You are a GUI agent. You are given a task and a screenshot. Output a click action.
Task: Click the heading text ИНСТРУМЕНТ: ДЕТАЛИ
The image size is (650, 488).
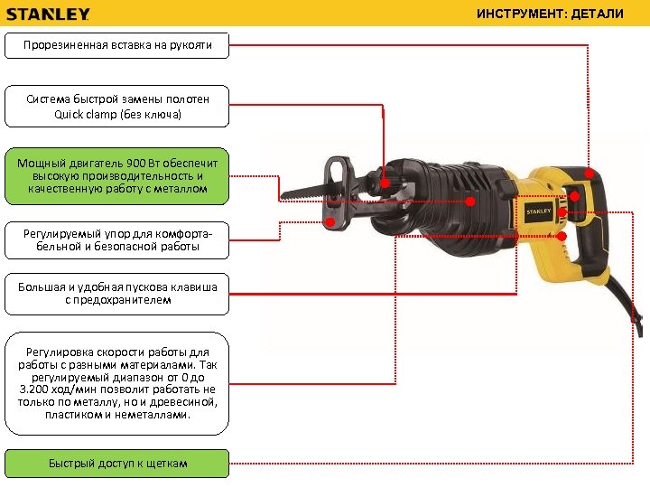[x=562, y=14]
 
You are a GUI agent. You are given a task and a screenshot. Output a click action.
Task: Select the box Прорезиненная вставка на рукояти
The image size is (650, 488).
[x=117, y=45]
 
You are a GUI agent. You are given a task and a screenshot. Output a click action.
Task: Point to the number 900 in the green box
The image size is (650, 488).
[x=137, y=162]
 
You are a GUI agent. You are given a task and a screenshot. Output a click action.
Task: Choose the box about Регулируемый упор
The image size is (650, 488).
[x=117, y=240]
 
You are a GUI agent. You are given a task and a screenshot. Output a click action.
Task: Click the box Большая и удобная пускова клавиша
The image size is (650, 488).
[x=117, y=293]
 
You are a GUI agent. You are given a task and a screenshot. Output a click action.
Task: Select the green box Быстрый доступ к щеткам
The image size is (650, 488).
[x=117, y=464]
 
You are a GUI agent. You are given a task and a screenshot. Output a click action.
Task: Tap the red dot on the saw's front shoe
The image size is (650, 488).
[x=330, y=221]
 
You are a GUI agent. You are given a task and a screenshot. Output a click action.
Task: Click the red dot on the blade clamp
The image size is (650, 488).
[x=385, y=183]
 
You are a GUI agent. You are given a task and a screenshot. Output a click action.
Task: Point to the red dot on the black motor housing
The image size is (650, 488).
[x=469, y=202]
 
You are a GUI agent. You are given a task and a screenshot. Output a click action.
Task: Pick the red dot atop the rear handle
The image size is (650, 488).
[x=589, y=174]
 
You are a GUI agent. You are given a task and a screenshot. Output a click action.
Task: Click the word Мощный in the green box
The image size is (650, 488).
[x=40, y=162]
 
